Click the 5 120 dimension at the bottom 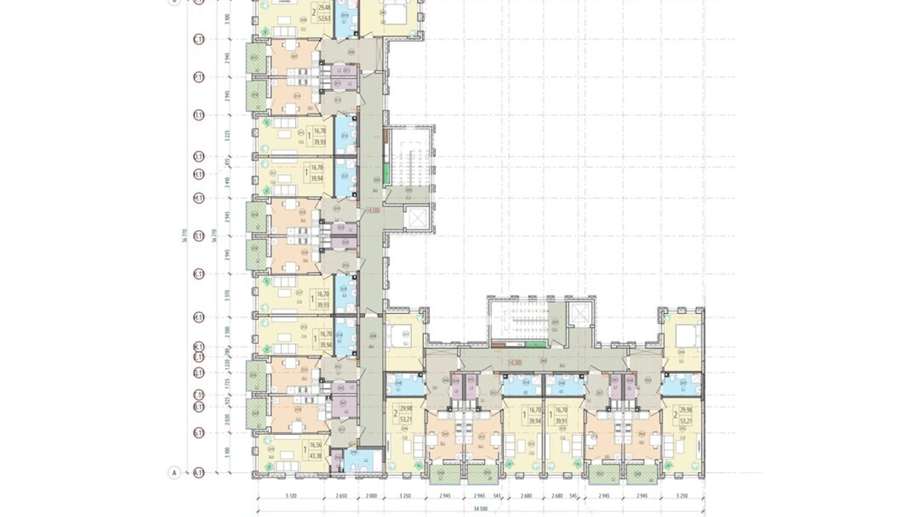(291, 496)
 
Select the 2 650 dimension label (341, 496)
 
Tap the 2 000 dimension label (371, 496)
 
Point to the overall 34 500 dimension (480, 509)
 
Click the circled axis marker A (174, 472)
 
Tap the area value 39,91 (561, 421)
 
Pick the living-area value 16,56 (314, 446)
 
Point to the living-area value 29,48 (324, 7)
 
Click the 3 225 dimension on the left (228, 136)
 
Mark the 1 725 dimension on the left (228, 383)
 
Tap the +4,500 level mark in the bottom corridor (515, 362)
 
